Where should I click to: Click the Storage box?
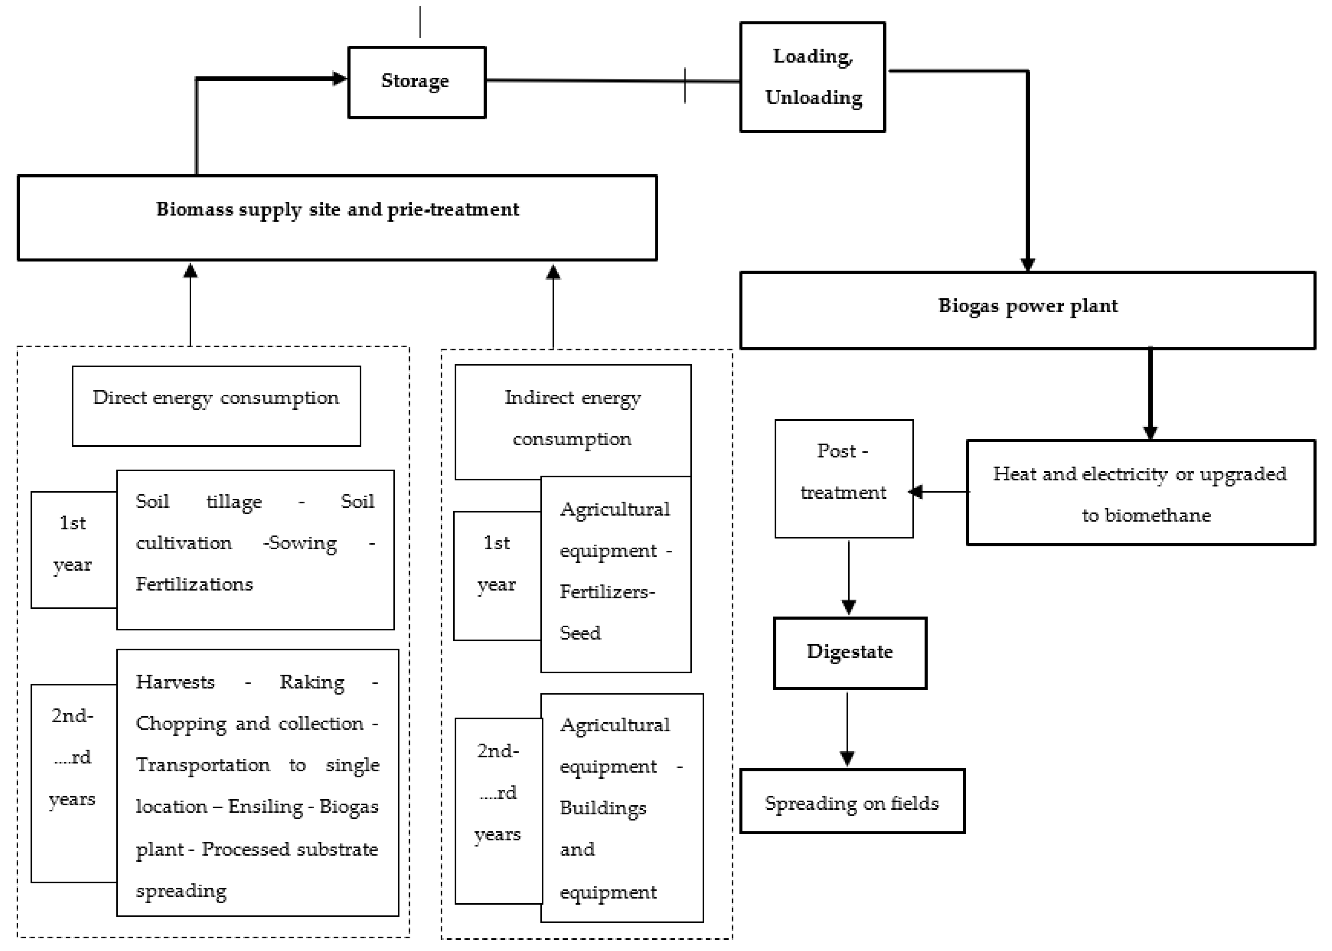pos(416,82)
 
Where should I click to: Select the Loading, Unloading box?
pos(812,77)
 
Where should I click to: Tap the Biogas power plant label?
pos(1027,306)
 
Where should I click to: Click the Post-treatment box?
pos(844,478)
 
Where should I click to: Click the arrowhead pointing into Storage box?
pos(339,78)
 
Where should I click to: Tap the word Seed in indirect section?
pos(580,633)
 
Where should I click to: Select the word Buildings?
pos(603,808)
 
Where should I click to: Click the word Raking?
pos(312,682)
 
